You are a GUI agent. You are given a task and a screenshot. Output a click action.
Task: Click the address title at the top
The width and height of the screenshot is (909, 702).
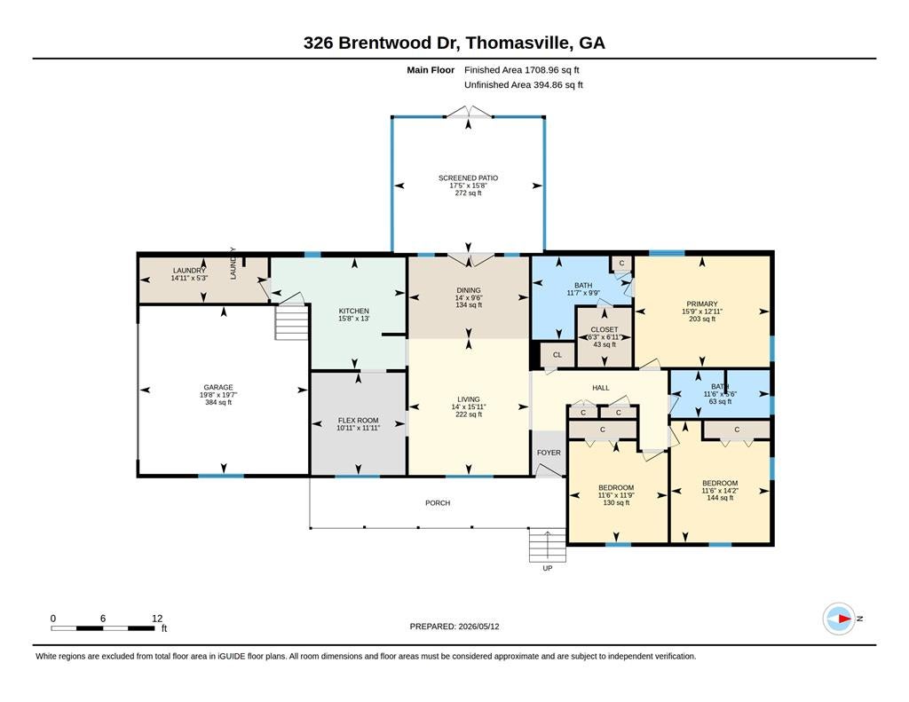(x=454, y=43)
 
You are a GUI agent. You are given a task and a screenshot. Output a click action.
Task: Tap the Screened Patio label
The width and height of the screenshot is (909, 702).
(x=468, y=178)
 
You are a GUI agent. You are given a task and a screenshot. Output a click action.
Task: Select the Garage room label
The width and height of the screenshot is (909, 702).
(x=218, y=387)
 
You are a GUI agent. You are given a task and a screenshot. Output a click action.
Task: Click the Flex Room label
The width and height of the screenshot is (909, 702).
(x=359, y=421)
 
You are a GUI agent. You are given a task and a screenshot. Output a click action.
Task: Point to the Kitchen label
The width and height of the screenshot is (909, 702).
(x=353, y=311)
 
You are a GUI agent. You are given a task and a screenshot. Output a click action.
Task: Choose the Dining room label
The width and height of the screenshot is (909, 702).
(x=469, y=290)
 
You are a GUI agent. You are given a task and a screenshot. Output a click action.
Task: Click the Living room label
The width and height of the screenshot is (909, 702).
(x=469, y=399)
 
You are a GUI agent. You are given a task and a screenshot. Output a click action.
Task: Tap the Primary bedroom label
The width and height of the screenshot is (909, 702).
(x=702, y=304)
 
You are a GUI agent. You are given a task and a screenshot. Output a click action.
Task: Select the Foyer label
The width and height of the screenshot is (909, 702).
(x=549, y=453)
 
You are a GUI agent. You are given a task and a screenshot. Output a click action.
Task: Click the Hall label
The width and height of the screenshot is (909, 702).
(x=601, y=388)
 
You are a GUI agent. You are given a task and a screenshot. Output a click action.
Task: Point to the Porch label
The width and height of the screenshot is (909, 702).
(x=438, y=503)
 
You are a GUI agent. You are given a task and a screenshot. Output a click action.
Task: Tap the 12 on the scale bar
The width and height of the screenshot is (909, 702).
(x=157, y=619)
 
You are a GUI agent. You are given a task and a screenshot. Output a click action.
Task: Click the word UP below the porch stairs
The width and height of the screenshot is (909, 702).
(x=547, y=569)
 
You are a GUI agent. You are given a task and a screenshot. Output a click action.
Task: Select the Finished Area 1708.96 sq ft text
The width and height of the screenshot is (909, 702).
(x=522, y=70)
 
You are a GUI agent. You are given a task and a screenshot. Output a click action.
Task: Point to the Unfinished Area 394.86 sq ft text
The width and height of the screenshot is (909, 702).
(x=524, y=85)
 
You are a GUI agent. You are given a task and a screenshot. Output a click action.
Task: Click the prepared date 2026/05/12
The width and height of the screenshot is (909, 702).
(x=478, y=627)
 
